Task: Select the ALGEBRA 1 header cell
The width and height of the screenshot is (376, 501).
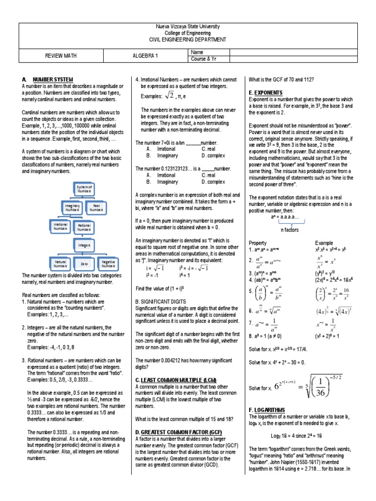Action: point(146,56)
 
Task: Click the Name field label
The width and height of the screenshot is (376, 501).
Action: point(197,52)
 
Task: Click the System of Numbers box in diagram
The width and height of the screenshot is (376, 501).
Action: point(84,189)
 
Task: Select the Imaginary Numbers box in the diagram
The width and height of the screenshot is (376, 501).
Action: point(72,208)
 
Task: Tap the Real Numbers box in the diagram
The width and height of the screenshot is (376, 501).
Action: point(96,208)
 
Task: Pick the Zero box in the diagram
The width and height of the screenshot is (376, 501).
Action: point(84,264)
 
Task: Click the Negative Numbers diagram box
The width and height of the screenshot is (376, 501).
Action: point(108,264)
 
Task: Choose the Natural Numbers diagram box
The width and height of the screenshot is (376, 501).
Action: point(60,264)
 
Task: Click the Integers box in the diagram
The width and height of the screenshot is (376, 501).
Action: point(84,243)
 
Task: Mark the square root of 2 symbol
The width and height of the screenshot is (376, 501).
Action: point(169,95)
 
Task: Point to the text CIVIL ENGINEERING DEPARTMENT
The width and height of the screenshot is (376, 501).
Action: point(188,39)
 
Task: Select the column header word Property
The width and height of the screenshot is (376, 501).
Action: point(258,243)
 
